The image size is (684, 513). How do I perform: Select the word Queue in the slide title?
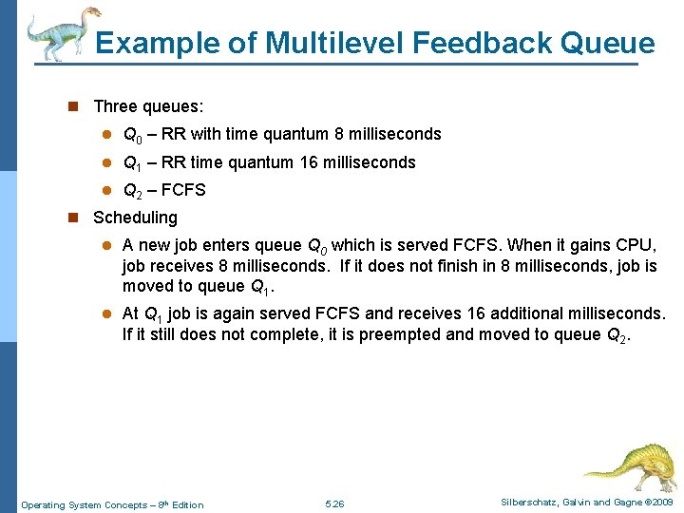pos(608,43)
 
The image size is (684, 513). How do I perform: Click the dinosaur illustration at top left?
pos(62,33)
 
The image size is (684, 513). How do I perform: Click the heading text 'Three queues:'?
pos(148,107)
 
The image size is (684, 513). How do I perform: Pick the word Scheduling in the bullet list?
pos(135,218)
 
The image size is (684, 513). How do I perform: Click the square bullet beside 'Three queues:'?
pos(73,107)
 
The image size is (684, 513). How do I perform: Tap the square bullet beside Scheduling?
pos(73,218)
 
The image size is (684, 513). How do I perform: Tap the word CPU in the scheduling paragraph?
pos(634,245)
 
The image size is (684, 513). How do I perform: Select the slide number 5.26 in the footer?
pos(334,504)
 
